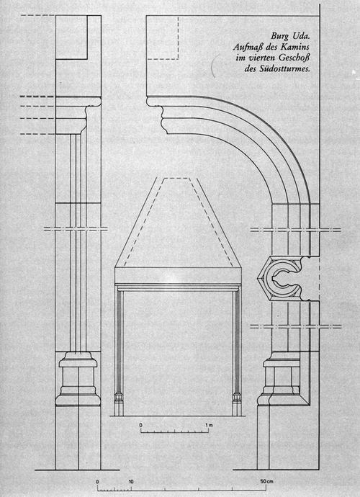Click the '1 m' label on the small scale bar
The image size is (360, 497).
[x=209, y=425]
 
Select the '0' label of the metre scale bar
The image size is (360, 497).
[x=141, y=425]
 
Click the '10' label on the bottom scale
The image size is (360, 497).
[x=131, y=482]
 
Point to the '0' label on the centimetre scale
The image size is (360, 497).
[x=97, y=482]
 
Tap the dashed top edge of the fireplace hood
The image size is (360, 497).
[x=176, y=178]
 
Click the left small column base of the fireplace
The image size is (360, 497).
[x=119, y=404]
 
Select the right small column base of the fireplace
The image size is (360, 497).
[x=237, y=404]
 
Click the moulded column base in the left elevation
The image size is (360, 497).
[x=78, y=379]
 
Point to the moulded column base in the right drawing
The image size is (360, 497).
[x=279, y=379]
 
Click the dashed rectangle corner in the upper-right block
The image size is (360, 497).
[x=179, y=59]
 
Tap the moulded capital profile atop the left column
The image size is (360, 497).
[x=78, y=115]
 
